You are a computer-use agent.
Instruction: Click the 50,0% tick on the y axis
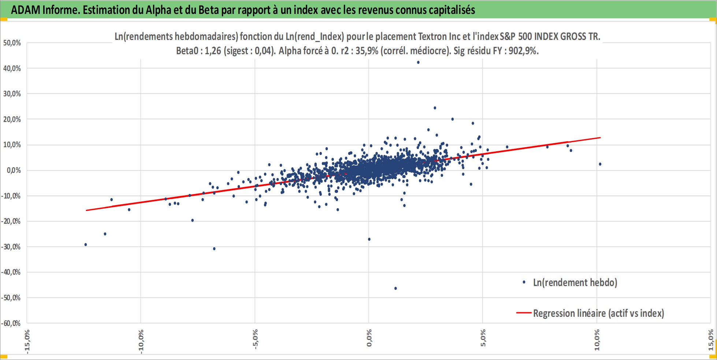(12, 43)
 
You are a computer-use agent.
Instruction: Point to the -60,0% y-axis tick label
(11, 323)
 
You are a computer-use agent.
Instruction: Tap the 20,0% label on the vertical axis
(12, 119)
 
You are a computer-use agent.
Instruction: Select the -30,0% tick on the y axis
(11, 247)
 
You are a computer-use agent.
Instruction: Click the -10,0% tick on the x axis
(141, 341)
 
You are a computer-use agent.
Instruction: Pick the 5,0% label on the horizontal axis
(483, 338)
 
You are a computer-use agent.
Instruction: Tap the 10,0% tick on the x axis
(597, 340)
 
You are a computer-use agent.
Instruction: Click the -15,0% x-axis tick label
(27, 341)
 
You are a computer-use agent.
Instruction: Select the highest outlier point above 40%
(418, 62)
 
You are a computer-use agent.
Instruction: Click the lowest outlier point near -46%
(395, 288)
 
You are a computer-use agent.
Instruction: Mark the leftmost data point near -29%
(86, 244)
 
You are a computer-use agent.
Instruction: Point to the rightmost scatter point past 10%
(600, 164)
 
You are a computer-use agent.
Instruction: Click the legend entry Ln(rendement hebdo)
(575, 282)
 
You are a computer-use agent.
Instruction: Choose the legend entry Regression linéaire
(598, 313)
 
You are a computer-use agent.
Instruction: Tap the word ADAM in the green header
(25, 10)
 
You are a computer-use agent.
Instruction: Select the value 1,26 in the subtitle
(213, 51)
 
